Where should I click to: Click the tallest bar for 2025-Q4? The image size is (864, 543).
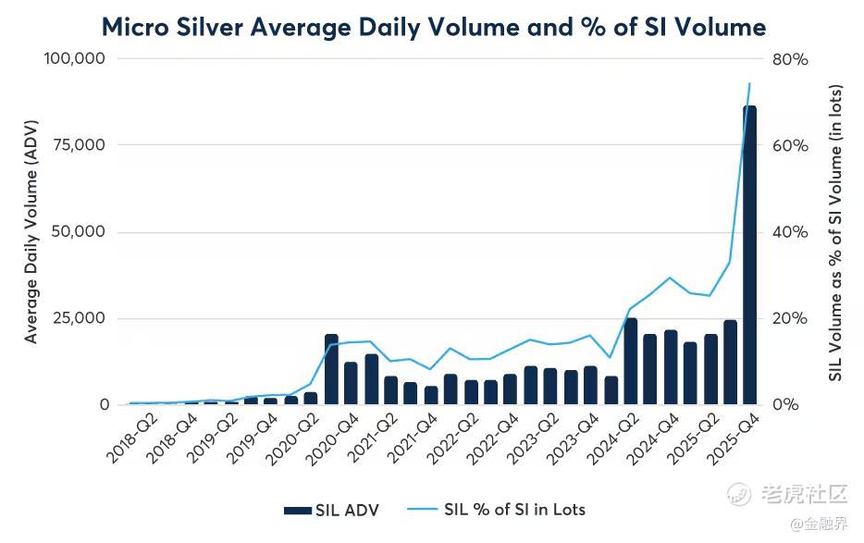tap(749, 255)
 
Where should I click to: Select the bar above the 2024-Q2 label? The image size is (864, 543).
tap(630, 362)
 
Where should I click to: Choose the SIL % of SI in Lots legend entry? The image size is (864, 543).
tap(500, 510)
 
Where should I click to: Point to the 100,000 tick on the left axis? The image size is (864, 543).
tap(75, 58)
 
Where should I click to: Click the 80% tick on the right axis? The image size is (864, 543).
tap(791, 58)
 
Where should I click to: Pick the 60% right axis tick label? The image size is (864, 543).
tap(791, 145)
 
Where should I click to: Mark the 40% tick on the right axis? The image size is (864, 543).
tap(791, 232)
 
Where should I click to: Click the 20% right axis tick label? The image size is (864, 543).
tap(791, 318)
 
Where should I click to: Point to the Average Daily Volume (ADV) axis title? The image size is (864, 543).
tap(31, 231)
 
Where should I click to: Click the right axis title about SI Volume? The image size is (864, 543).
tap(834, 231)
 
